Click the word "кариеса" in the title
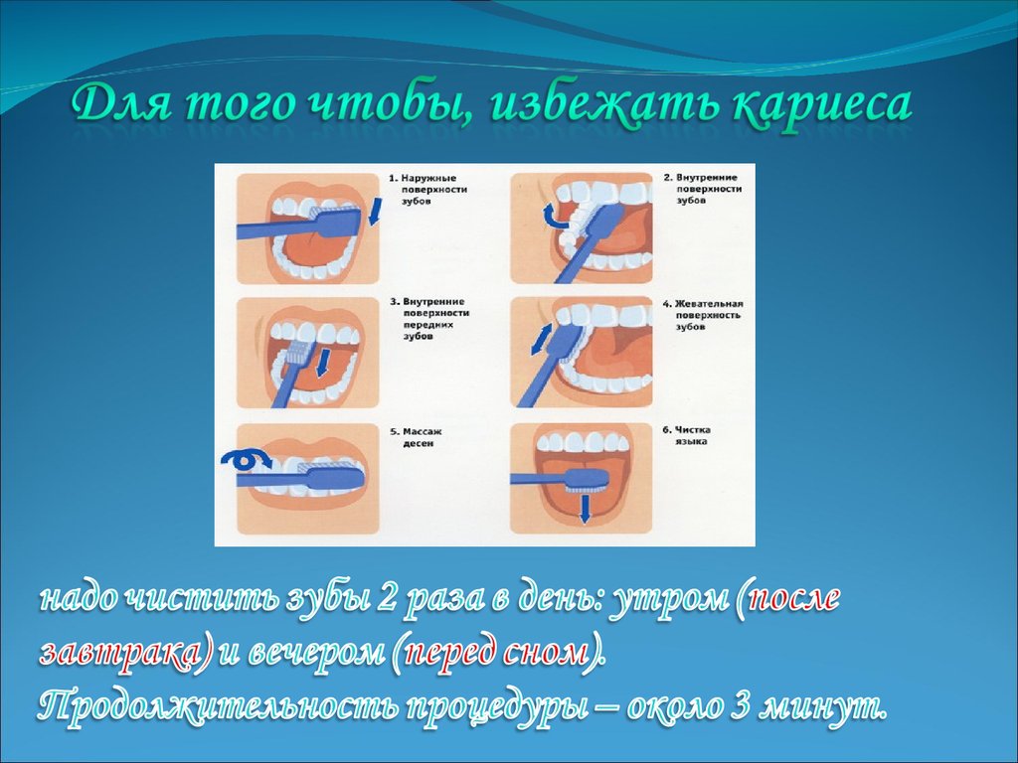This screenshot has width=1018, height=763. [822, 106]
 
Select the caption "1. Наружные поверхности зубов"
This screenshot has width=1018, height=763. [427, 190]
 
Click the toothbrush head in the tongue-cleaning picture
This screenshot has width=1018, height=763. [587, 480]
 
